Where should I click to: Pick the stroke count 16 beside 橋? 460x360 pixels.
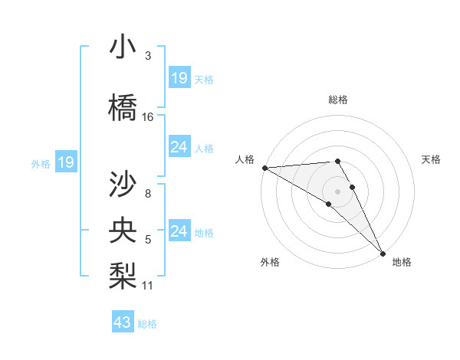pos(148,117)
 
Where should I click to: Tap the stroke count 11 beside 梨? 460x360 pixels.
pos(148,286)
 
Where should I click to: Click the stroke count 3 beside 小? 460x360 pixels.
pos(148,56)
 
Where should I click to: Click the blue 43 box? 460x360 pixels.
pos(123,322)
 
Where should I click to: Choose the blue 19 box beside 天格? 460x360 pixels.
pos(179,77)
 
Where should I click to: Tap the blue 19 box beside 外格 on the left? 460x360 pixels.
pos(65,162)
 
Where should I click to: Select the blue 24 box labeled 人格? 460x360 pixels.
pos(179,146)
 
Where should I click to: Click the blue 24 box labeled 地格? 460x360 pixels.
pos(179,231)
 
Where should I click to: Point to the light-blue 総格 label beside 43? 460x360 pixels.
pos(147,324)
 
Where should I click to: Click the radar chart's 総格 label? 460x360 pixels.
pos(338,100)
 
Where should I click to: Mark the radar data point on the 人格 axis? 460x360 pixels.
pos(264,168)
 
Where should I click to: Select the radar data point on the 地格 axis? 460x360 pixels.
pos(382,253)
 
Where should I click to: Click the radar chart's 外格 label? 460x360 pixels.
pos(270,263)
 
